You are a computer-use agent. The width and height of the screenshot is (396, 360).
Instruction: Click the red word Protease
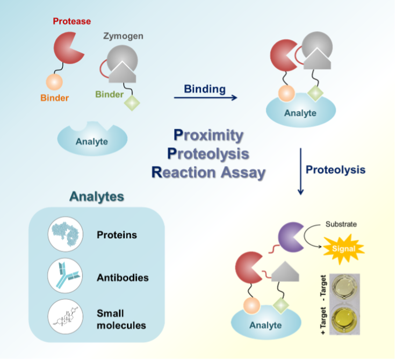(71, 21)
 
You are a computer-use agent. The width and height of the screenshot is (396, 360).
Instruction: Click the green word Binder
(110, 95)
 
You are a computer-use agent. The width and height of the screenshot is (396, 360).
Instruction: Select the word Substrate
(341, 224)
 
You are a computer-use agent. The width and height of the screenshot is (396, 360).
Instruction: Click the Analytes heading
(97, 197)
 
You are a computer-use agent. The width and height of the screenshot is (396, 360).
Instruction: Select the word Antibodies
(123, 278)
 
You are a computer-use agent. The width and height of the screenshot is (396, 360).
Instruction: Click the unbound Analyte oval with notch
(92, 140)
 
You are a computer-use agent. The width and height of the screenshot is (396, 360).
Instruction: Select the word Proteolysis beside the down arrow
(336, 170)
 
